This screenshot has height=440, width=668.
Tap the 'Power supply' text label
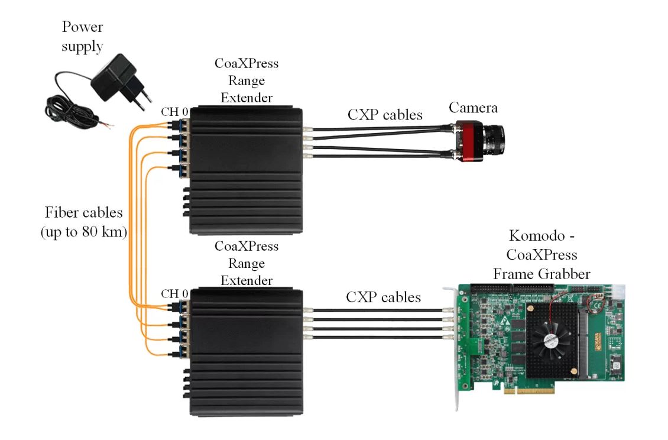(x=82, y=37)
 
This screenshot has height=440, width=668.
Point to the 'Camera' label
(x=472, y=108)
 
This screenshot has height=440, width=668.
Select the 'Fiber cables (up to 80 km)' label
(x=83, y=222)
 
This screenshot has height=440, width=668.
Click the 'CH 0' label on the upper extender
(x=175, y=112)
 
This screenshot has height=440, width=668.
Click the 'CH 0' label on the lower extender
(x=175, y=293)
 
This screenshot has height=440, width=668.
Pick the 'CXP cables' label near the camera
(x=384, y=114)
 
